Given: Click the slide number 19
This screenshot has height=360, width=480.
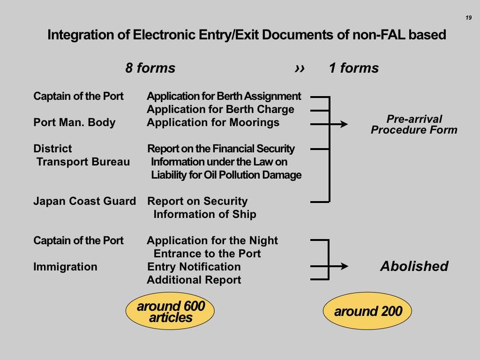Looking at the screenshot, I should tap(468, 18).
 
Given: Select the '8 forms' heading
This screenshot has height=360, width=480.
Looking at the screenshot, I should tap(150, 68).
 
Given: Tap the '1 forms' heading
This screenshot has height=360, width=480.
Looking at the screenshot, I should tap(353, 68).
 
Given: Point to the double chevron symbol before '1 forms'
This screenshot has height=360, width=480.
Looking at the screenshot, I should tap(300, 68).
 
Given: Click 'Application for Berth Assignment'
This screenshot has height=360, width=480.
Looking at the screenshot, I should tap(224, 97).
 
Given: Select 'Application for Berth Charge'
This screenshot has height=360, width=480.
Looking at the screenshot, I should tap(220, 110).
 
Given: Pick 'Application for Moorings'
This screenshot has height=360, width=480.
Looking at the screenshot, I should tap(213, 123).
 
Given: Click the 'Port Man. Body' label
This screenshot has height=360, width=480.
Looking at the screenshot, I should tap(74, 123).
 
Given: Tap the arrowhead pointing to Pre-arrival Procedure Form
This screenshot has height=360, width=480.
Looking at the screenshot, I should tap(344, 124).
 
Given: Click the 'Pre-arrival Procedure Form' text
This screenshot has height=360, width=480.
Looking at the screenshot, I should tap(414, 125).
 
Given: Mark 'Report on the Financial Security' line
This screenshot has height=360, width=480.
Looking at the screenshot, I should tap(221, 149).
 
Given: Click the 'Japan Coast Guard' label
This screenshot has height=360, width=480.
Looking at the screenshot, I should tap(84, 202).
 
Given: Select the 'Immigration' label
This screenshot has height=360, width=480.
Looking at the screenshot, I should tap(65, 267).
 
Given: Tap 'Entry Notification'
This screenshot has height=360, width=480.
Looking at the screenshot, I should tap(194, 267).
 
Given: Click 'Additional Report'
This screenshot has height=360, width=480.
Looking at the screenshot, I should tap(194, 280).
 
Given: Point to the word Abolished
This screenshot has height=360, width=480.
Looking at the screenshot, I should tap(414, 267).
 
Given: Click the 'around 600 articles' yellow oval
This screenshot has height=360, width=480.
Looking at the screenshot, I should tap(170, 312).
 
